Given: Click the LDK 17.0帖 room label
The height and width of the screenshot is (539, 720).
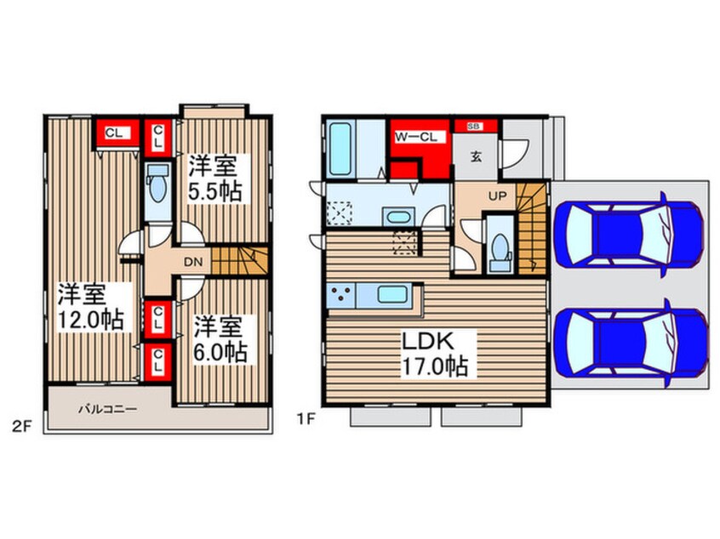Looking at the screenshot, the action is point(435,354).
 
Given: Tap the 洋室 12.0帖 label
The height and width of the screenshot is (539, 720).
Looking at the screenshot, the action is point(90,307).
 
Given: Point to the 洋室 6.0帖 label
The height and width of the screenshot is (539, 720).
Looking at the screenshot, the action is point(220,339).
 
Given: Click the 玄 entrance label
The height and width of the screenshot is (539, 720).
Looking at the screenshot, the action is point(477,157).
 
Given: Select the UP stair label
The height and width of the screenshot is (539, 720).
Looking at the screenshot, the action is point(497,196).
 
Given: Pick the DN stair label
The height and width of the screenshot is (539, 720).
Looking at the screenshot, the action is point(193,263).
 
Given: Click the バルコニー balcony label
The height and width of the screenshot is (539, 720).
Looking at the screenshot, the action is point(107,408).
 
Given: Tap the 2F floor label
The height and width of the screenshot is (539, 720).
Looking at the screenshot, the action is point(21,427).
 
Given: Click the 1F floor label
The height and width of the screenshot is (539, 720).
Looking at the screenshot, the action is point(306,419).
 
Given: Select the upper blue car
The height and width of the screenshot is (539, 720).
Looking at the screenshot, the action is point(628,235).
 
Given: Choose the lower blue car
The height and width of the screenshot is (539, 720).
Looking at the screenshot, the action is point(630,343).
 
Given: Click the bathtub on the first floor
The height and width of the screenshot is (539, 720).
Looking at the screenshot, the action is point(340,149).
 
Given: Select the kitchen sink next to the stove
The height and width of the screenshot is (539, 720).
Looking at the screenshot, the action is point(392,294).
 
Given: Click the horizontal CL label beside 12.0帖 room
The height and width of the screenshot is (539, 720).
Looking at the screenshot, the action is point(114,133).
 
